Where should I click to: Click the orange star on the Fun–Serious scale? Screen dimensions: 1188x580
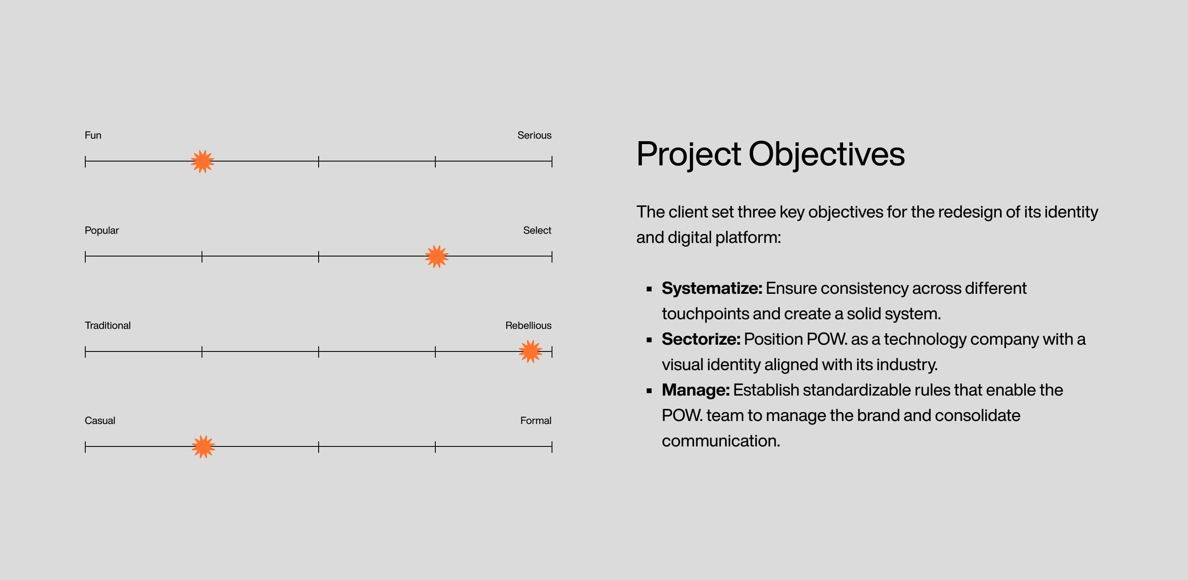coord(202,161)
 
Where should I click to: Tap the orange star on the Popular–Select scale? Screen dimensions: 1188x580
coord(437,257)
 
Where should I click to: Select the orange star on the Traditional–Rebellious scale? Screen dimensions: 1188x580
coord(530,351)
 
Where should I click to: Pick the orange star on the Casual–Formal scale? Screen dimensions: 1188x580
coord(203,447)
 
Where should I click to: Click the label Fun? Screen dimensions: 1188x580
coord(92,135)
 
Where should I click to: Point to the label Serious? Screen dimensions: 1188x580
coord(534,135)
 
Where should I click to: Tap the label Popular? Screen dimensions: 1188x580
coord(101,230)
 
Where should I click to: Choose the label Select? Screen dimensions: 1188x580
coord(537,230)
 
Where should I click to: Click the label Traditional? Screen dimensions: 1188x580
coord(107,325)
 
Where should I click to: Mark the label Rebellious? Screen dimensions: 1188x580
coord(528,325)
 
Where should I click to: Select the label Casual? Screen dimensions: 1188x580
coord(100,421)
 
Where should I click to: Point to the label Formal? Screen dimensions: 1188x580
coord(535,421)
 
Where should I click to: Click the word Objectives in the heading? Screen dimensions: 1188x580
coord(826,154)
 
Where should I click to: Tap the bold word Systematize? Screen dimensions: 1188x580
coord(712,288)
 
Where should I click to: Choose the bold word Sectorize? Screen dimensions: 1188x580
coord(700,339)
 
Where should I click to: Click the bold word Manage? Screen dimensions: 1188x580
coord(695,390)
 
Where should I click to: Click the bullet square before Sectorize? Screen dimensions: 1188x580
coord(649,340)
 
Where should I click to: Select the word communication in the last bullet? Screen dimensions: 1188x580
coord(720,441)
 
